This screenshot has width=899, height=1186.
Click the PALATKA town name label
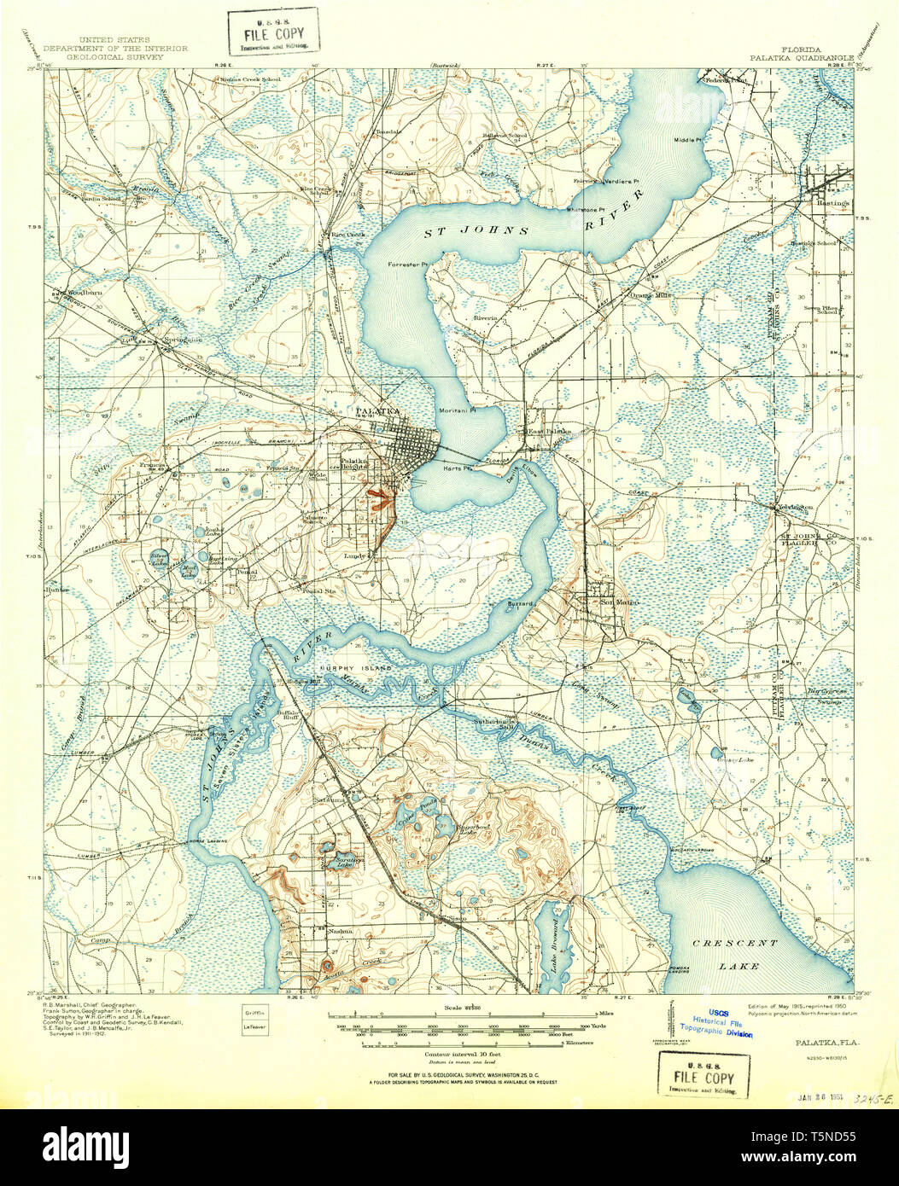pyautogui.click(x=378, y=411)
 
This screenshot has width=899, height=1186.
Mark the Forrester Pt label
pyautogui.click(x=406, y=265)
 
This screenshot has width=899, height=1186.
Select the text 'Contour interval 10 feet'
pyautogui.click(x=449, y=1053)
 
